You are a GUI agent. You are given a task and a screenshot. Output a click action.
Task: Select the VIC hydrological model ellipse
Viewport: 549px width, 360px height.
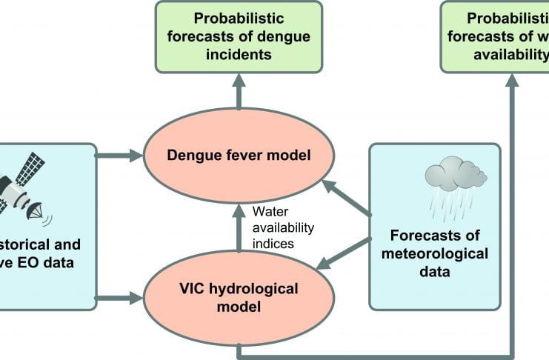tap(239, 296)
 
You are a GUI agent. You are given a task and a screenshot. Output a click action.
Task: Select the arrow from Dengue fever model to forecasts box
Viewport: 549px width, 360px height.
tap(239, 93)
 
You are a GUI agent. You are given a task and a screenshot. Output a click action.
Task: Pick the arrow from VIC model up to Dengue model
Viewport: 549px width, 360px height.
tap(239, 230)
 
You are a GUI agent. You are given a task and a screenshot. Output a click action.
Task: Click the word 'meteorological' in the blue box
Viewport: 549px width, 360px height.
tap(435, 255)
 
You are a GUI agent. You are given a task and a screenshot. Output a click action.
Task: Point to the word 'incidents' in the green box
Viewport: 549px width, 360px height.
tap(239, 54)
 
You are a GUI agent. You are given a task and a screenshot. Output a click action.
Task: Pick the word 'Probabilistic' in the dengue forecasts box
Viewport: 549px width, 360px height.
tap(239, 17)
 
